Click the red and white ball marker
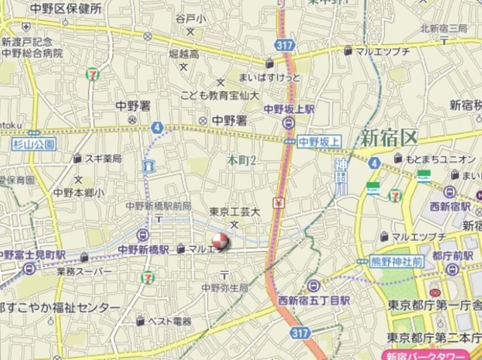pyautogui.click(x=220, y=243)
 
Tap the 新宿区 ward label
pyautogui.click(x=388, y=138)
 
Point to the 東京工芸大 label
pyautogui.click(x=234, y=212)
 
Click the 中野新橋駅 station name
pyautogui.click(x=144, y=249)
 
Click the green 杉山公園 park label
pyautogui.click(x=34, y=143)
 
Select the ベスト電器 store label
pyautogui.click(x=170, y=321)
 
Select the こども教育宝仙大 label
pyautogui.click(x=220, y=96)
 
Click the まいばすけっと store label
pyautogui.click(x=269, y=77)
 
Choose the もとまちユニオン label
pyautogui.click(x=443, y=158)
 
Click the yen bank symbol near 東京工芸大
pyautogui.click(x=278, y=203)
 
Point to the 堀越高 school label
pyautogui.click(x=184, y=54)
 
